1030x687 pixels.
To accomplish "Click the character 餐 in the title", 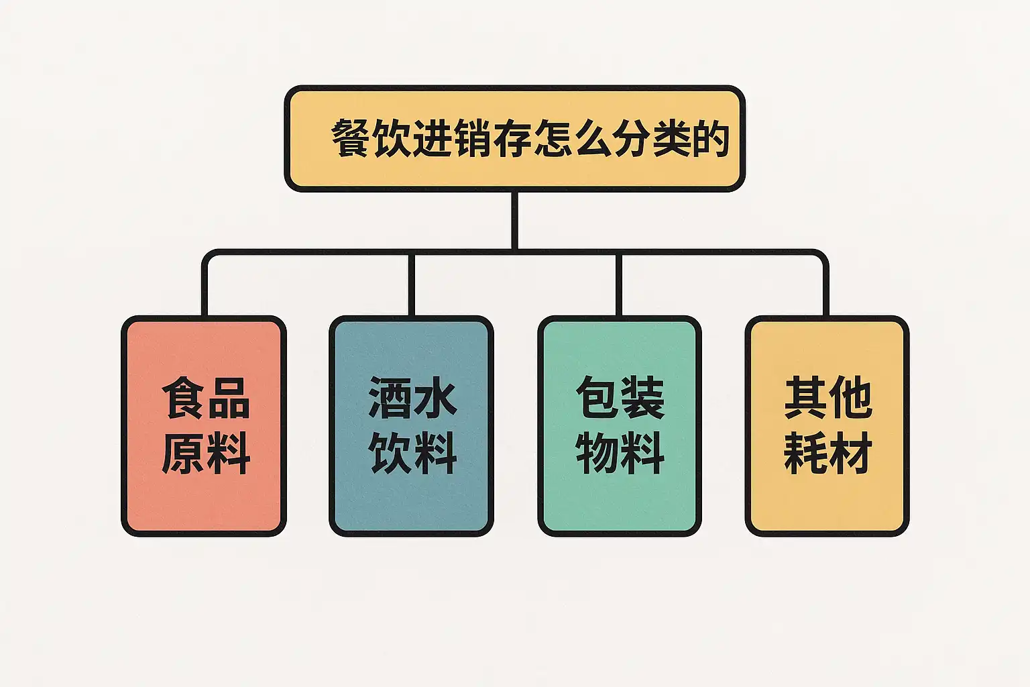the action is (350, 138).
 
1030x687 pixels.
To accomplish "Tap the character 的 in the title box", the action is (711, 138).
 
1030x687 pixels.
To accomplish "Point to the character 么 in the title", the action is (593, 138).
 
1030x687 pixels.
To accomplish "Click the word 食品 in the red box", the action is (206, 398).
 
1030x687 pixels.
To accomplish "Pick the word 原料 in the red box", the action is (206, 453).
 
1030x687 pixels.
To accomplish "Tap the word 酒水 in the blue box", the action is (412, 398).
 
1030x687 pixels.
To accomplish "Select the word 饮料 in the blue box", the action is (412, 453).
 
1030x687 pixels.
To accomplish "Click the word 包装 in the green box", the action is (620, 398).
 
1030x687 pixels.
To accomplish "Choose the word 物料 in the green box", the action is (620, 453).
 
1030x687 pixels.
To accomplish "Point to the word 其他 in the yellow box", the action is (828, 398).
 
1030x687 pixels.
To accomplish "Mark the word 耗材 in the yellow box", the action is (828, 453).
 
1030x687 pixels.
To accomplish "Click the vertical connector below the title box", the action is (514, 221).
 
